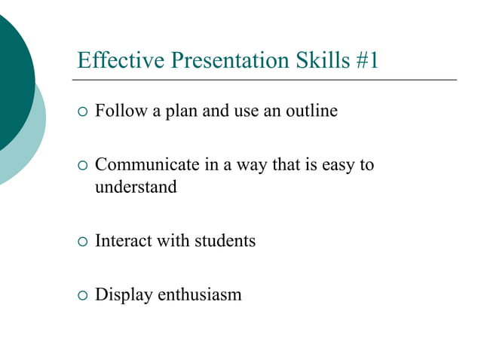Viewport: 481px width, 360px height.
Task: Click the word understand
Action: tap(136, 187)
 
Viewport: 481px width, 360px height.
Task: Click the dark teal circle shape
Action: tap(11, 83)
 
